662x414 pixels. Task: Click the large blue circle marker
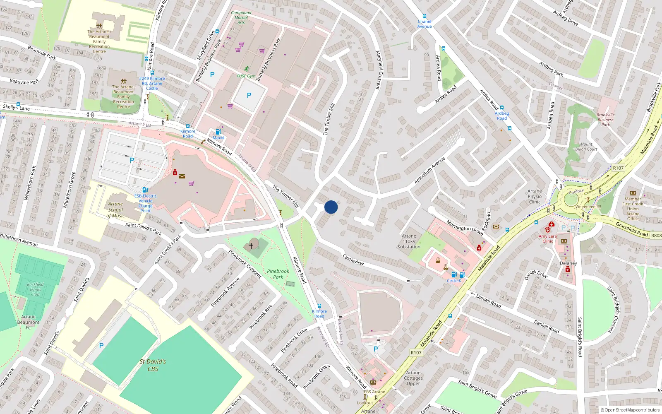point(331,207)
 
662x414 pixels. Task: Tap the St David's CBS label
point(153,365)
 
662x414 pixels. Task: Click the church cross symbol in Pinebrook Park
point(251,246)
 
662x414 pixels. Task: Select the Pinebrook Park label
point(278,274)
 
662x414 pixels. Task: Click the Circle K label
point(453,281)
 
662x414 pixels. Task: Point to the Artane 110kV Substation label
point(409,241)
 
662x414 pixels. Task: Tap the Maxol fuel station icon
point(218,132)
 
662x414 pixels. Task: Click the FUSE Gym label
point(246,76)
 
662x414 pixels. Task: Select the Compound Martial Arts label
point(241,17)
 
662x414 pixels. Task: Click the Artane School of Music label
point(116,209)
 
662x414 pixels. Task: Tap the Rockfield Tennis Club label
point(36,289)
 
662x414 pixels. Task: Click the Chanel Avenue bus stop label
point(425,24)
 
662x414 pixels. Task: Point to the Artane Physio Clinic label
point(535,196)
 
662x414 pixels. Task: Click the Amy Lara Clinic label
point(547,238)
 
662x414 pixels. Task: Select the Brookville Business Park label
point(605,120)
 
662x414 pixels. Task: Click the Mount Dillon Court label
point(586,147)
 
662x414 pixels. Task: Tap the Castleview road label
point(353,260)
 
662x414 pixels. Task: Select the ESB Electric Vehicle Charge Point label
point(145,203)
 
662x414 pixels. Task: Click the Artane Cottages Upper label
point(413,378)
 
